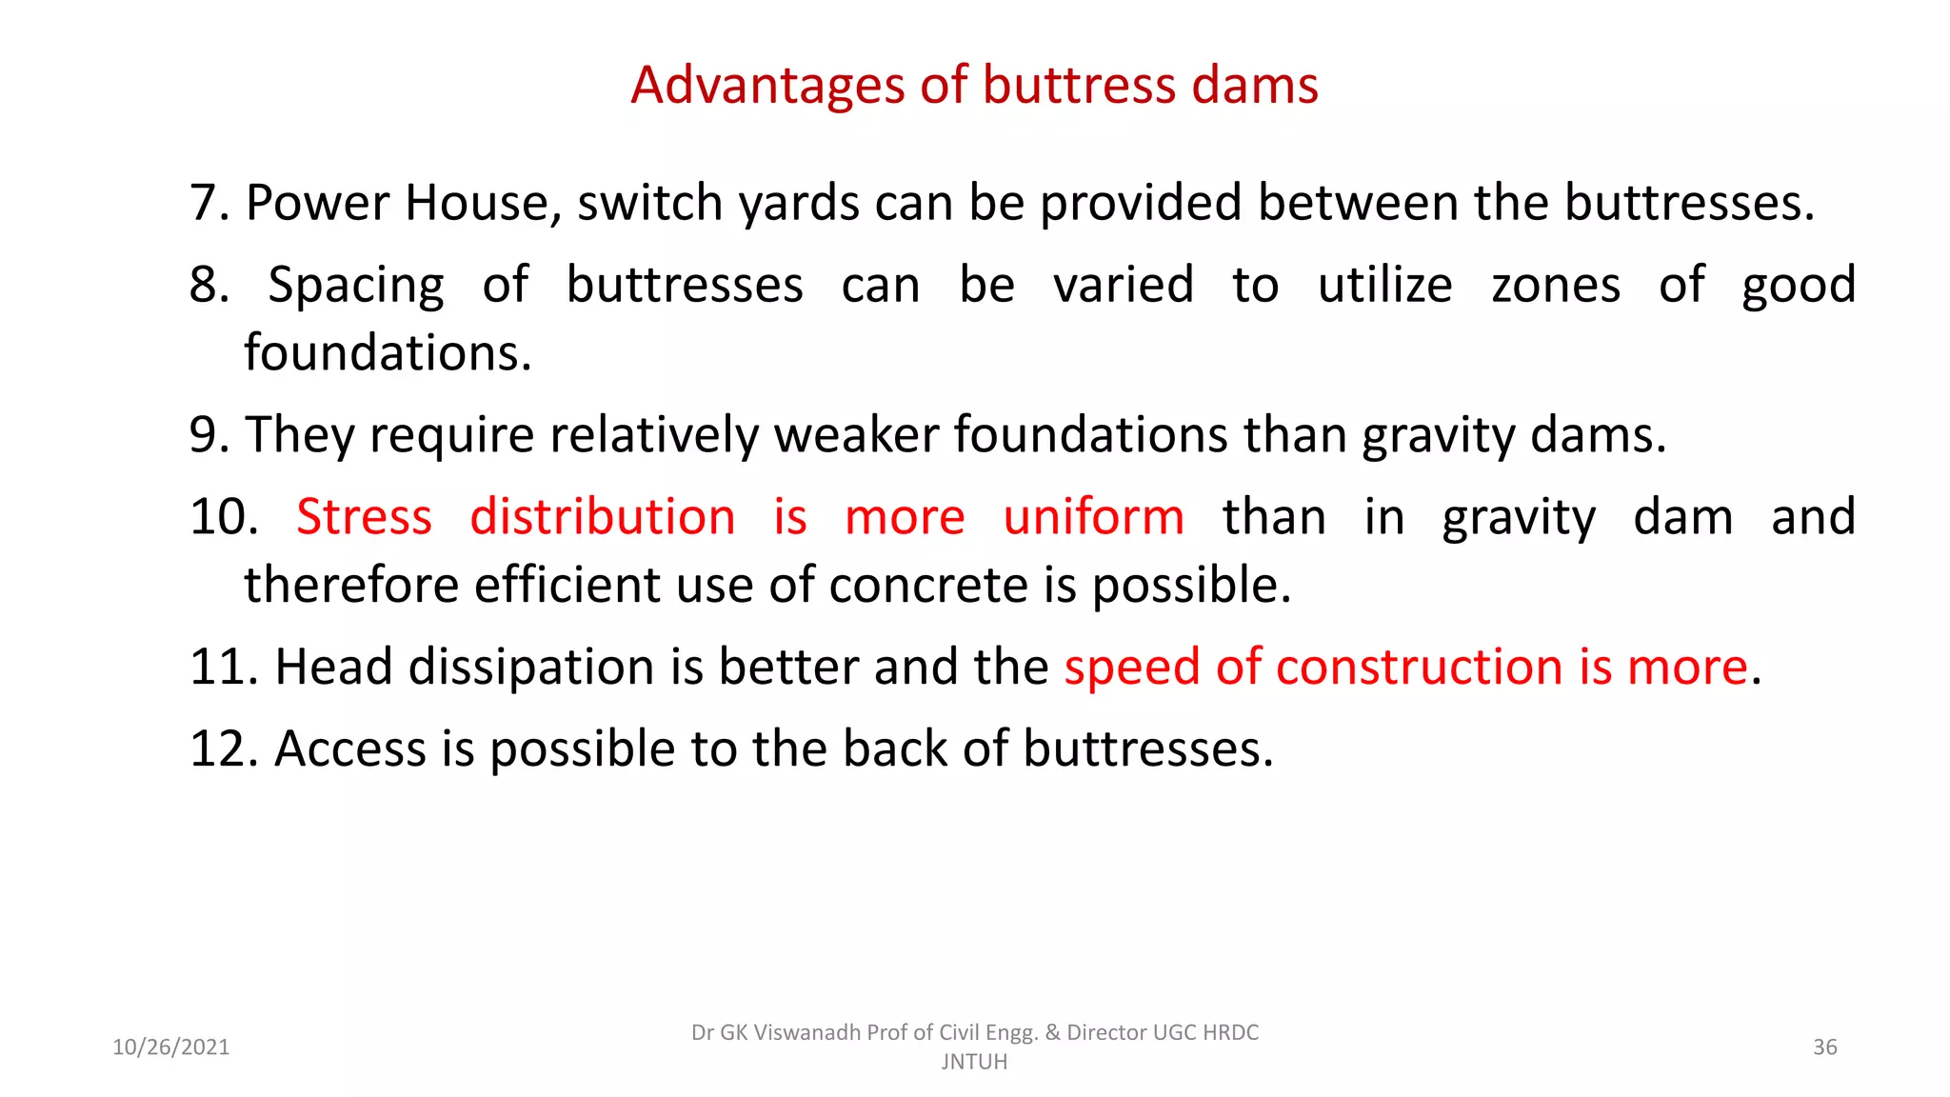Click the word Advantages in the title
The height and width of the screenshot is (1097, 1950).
pyautogui.click(x=767, y=86)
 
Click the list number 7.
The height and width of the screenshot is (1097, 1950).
pyautogui.click(x=209, y=203)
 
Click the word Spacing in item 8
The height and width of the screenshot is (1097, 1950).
pyautogui.click(x=356, y=286)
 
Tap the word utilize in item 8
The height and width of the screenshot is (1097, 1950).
pyautogui.click(x=1384, y=286)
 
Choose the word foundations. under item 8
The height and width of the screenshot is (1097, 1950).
pyautogui.click(x=388, y=353)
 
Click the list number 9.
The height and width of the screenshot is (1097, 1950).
pyautogui.click(x=209, y=435)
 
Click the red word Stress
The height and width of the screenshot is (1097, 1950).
pyautogui.click(x=364, y=517)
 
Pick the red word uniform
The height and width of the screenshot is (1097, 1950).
pyautogui.click(x=1093, y=517)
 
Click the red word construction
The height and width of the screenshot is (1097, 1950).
pyautogui.click(x=1419, y=667)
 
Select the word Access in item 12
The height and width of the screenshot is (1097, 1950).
pyautogui.click(x=350, y=748)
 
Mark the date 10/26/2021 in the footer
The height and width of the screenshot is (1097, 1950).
pyautogui.click(x=171, y=1047)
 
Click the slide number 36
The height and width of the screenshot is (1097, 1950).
pyautogui.click(x=1824, y=1047)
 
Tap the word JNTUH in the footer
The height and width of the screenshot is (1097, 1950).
pyautogui.click(x=974, y=1062)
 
